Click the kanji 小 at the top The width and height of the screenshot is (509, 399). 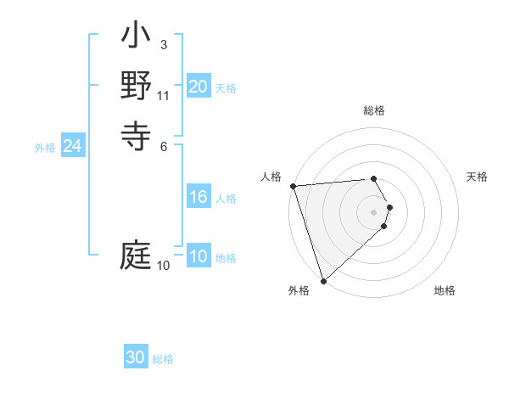[136, 38]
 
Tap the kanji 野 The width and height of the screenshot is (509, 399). [136, 87]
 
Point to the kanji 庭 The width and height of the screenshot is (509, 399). [136, 255]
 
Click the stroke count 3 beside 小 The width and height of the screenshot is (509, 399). [163, 45]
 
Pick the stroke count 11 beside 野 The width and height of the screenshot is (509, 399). [163, 95]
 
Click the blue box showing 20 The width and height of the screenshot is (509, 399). [198, 87]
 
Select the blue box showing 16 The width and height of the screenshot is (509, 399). [198, 198]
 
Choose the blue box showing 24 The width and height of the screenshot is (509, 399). [73, 146]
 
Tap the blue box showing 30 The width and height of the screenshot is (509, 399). [136, 357]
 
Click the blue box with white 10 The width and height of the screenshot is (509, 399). [198, 257]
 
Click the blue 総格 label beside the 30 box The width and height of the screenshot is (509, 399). [164, 359]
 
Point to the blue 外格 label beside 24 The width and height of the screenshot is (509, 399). [45, 148]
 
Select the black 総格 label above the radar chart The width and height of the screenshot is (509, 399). [373, 110]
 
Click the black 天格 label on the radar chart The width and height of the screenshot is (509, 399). [478, 177]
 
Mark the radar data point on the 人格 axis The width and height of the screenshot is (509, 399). [293, 186]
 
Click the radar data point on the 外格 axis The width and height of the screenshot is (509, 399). [323, 279]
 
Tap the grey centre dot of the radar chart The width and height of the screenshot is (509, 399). [373, 211]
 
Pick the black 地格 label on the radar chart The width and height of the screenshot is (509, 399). [445, 291]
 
